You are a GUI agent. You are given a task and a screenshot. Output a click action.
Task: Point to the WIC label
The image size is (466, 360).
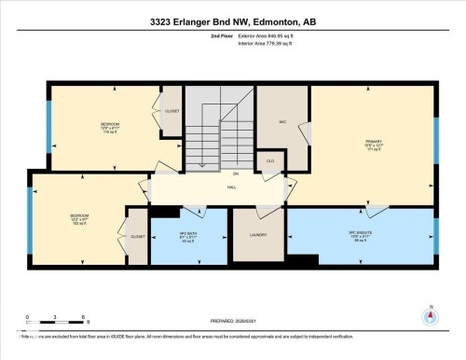click(x=282, y=121)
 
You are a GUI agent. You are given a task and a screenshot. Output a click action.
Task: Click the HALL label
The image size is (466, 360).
click(x=231, y=187)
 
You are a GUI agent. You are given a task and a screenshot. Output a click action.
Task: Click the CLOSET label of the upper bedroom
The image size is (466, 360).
click(x=171, y=111)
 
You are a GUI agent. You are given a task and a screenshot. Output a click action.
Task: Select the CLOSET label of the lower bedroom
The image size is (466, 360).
click(x=137, y=236)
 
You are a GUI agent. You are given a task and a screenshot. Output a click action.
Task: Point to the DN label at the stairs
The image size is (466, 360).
click(x=236, y=173)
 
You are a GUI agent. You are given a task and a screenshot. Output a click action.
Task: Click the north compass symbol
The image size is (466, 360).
click(x=430, y=315)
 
